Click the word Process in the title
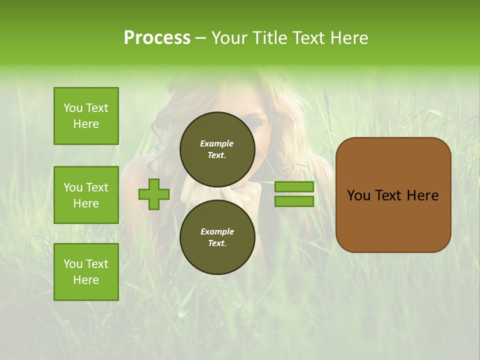[157, 38]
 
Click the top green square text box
[86, 116]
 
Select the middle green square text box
[86, 195]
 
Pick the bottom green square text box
[86, 272]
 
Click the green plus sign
[154, 194]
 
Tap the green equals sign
[294, 194]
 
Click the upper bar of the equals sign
[294, 186]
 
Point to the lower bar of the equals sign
[294, 201]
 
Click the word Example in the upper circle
[217, 143]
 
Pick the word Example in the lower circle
[217, 231]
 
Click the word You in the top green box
[72, 108]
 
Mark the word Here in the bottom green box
[86, 280]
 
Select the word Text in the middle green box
[96, 187]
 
